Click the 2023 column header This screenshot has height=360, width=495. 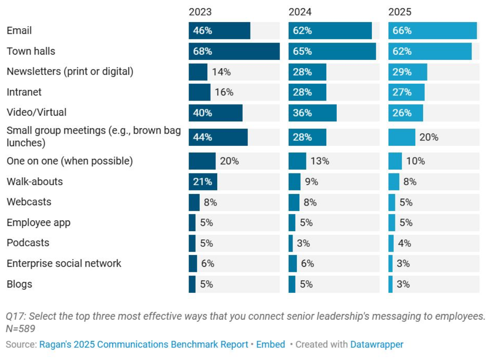pos(200,12)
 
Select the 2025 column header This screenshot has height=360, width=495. pos(400,12)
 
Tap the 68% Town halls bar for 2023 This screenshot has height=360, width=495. pos(234,51)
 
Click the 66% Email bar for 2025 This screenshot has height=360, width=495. pos(433,31)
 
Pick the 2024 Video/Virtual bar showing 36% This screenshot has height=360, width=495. pos(313,113)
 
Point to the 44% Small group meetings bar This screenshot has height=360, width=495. pos(218,137)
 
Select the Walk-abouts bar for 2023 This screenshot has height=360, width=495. pos(203,182)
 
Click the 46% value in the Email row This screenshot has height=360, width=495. pos(202,31)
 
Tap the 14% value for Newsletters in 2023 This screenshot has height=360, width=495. pos(221,72)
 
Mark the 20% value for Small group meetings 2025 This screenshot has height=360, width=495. pos(429,137)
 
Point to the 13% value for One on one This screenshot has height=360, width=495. pos(320,161)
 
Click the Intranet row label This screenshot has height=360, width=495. pos(24,92)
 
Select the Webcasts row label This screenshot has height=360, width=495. pos(29,202)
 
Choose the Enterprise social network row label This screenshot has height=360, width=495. pos(64,263)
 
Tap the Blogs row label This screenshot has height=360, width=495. pos(20,284)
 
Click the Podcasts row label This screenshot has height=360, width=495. pos(28,243)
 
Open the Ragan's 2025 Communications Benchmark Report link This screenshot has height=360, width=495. pos(143,344)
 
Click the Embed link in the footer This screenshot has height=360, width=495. pos(270,344)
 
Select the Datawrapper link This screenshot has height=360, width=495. pos(377,344)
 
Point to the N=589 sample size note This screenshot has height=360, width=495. pos(20,329)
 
